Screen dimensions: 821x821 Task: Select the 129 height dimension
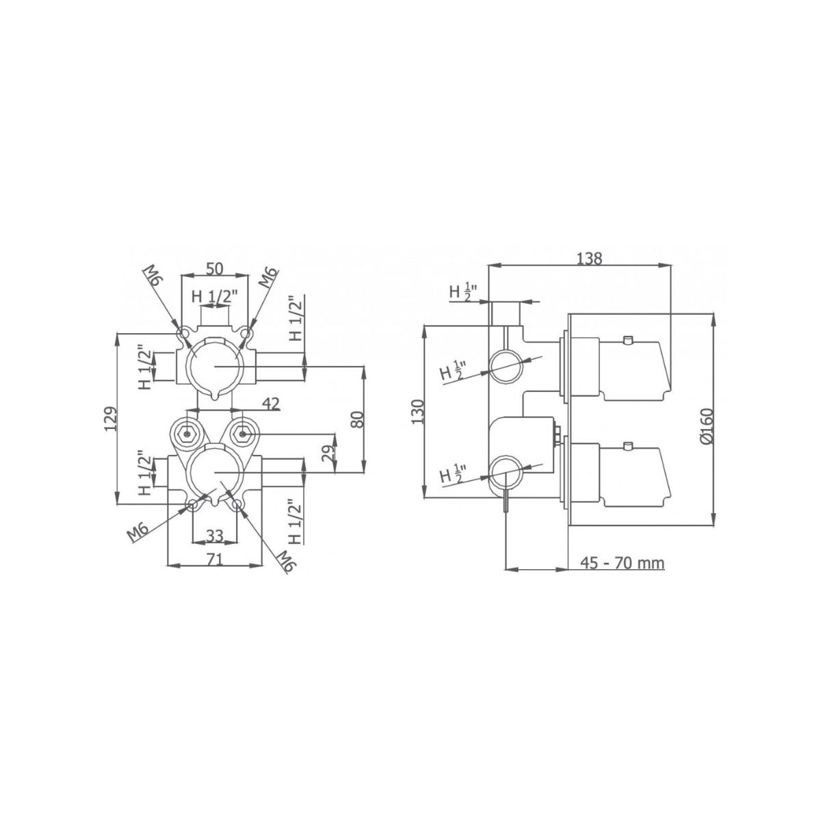tap(110, 419)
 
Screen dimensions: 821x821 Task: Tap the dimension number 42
tap(271, 403)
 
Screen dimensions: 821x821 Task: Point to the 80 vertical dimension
tap(358, 419)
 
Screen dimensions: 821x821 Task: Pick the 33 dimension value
tap(215, 536)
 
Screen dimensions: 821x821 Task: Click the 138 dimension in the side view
tap(589, 259)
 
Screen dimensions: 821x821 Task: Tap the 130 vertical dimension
tap(419, 412)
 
